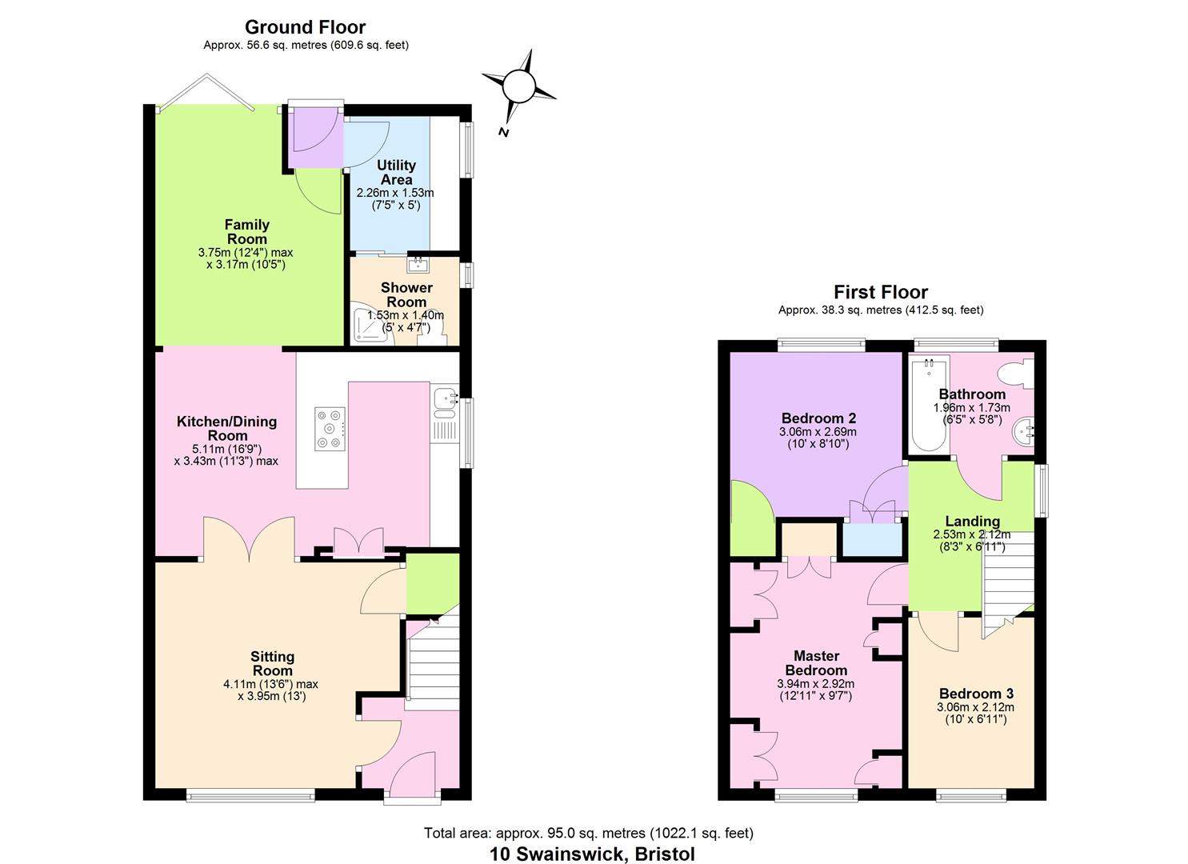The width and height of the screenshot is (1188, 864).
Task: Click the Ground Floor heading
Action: tap(305, 27)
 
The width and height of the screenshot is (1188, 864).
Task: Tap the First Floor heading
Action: tap(880, 292)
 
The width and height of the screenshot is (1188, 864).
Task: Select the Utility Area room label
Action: tap(396, 172)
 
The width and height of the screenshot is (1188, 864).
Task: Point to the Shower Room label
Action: tap(406, 294)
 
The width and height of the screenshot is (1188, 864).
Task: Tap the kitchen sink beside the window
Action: tap(444, 398)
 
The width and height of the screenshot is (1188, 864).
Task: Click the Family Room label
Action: tap(246, 232)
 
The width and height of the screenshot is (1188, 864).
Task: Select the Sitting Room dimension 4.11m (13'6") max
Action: tap(270, 684)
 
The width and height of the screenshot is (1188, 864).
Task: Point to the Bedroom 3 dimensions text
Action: tap(975, 713)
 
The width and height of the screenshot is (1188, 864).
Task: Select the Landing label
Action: tap(972, 522)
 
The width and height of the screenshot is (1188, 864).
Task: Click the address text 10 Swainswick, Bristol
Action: tap(592, 854)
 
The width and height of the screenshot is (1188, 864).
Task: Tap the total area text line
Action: tap(588, 834)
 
